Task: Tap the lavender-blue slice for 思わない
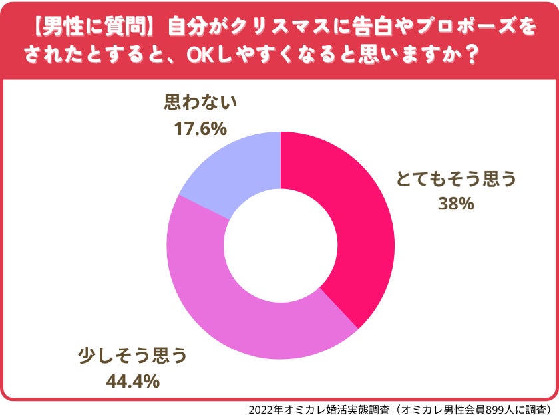[233, 170]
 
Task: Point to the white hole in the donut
[280, 246]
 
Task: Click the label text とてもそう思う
[457, 180]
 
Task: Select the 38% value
[457, 204]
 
